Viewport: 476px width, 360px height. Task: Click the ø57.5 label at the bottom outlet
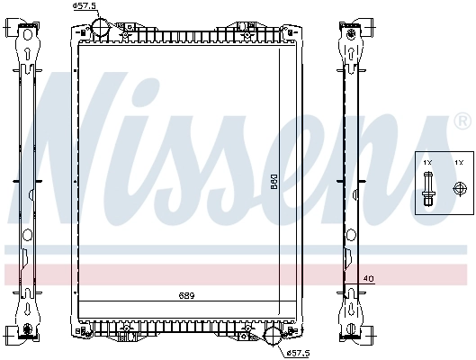298,351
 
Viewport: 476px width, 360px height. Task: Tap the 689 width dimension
186,295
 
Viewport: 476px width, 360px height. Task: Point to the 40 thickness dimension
367,279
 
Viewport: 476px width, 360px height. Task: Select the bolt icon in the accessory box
429,190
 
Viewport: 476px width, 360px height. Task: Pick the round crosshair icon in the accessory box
459,189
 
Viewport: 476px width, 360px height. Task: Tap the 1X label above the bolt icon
428,162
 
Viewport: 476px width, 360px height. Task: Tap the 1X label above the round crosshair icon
459,162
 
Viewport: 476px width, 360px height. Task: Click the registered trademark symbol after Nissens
462,121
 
